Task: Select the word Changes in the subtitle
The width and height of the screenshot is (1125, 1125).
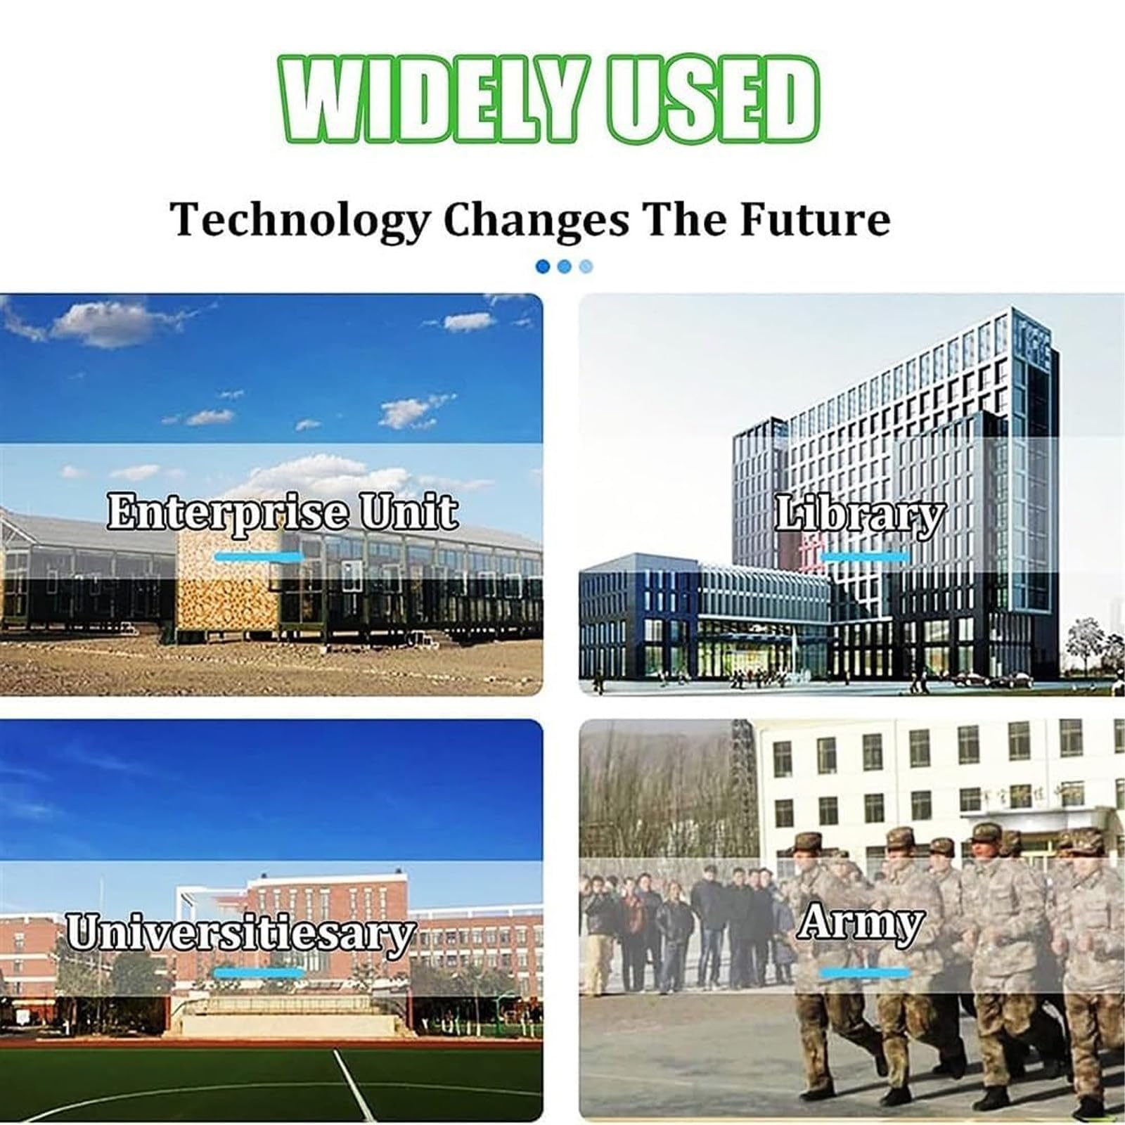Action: (x=536, y=221)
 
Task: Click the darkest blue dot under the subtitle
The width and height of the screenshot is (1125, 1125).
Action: (x=543, y=266)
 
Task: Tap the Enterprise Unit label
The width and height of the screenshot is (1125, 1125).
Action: (x=282, y=511)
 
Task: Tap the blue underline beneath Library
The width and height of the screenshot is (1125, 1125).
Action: (x=866, y=557)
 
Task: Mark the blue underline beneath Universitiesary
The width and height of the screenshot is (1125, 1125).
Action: (x=259, y=973)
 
